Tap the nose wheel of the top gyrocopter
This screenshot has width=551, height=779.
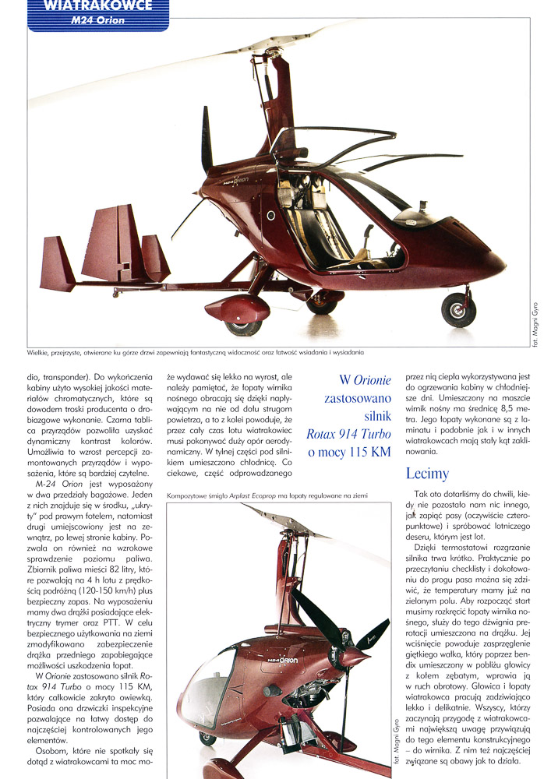[x=458, y=310]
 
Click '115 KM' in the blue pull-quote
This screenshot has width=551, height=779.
[x=364, y=452]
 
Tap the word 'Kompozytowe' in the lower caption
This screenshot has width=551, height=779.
[x=188, y=495]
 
